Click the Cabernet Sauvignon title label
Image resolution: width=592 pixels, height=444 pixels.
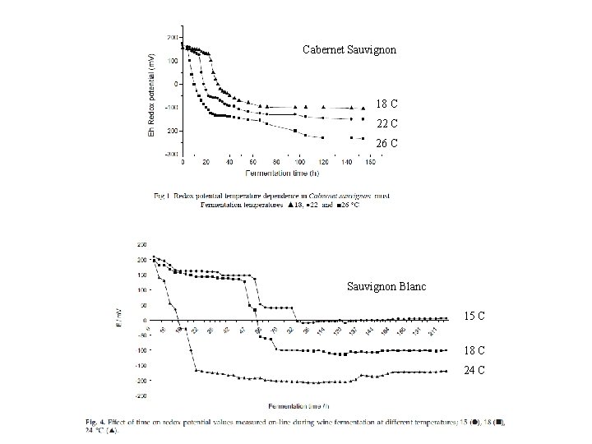pyautogui.click(x=349, y=50)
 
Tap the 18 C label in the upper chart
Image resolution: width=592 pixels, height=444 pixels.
pyautogui.click(x=386, y=104)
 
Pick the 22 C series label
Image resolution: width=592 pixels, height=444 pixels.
pyautogui.click(x=386, y=124)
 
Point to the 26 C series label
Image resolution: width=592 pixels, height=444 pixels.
pyautogui.click(x=386, y=144)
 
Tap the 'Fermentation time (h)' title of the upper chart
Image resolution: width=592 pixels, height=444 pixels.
pyautogui.click(x=281, y=173)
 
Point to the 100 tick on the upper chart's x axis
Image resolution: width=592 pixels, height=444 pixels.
pyautogui.click(x=299, y=162)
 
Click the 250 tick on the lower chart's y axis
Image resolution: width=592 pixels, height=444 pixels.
pyautogui.click(x=142, y=243)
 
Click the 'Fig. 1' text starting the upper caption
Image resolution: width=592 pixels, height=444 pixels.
pyautogui.click(x=162, y=196)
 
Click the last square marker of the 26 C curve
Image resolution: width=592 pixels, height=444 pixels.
pyautogui.click(x=363, y=138)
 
